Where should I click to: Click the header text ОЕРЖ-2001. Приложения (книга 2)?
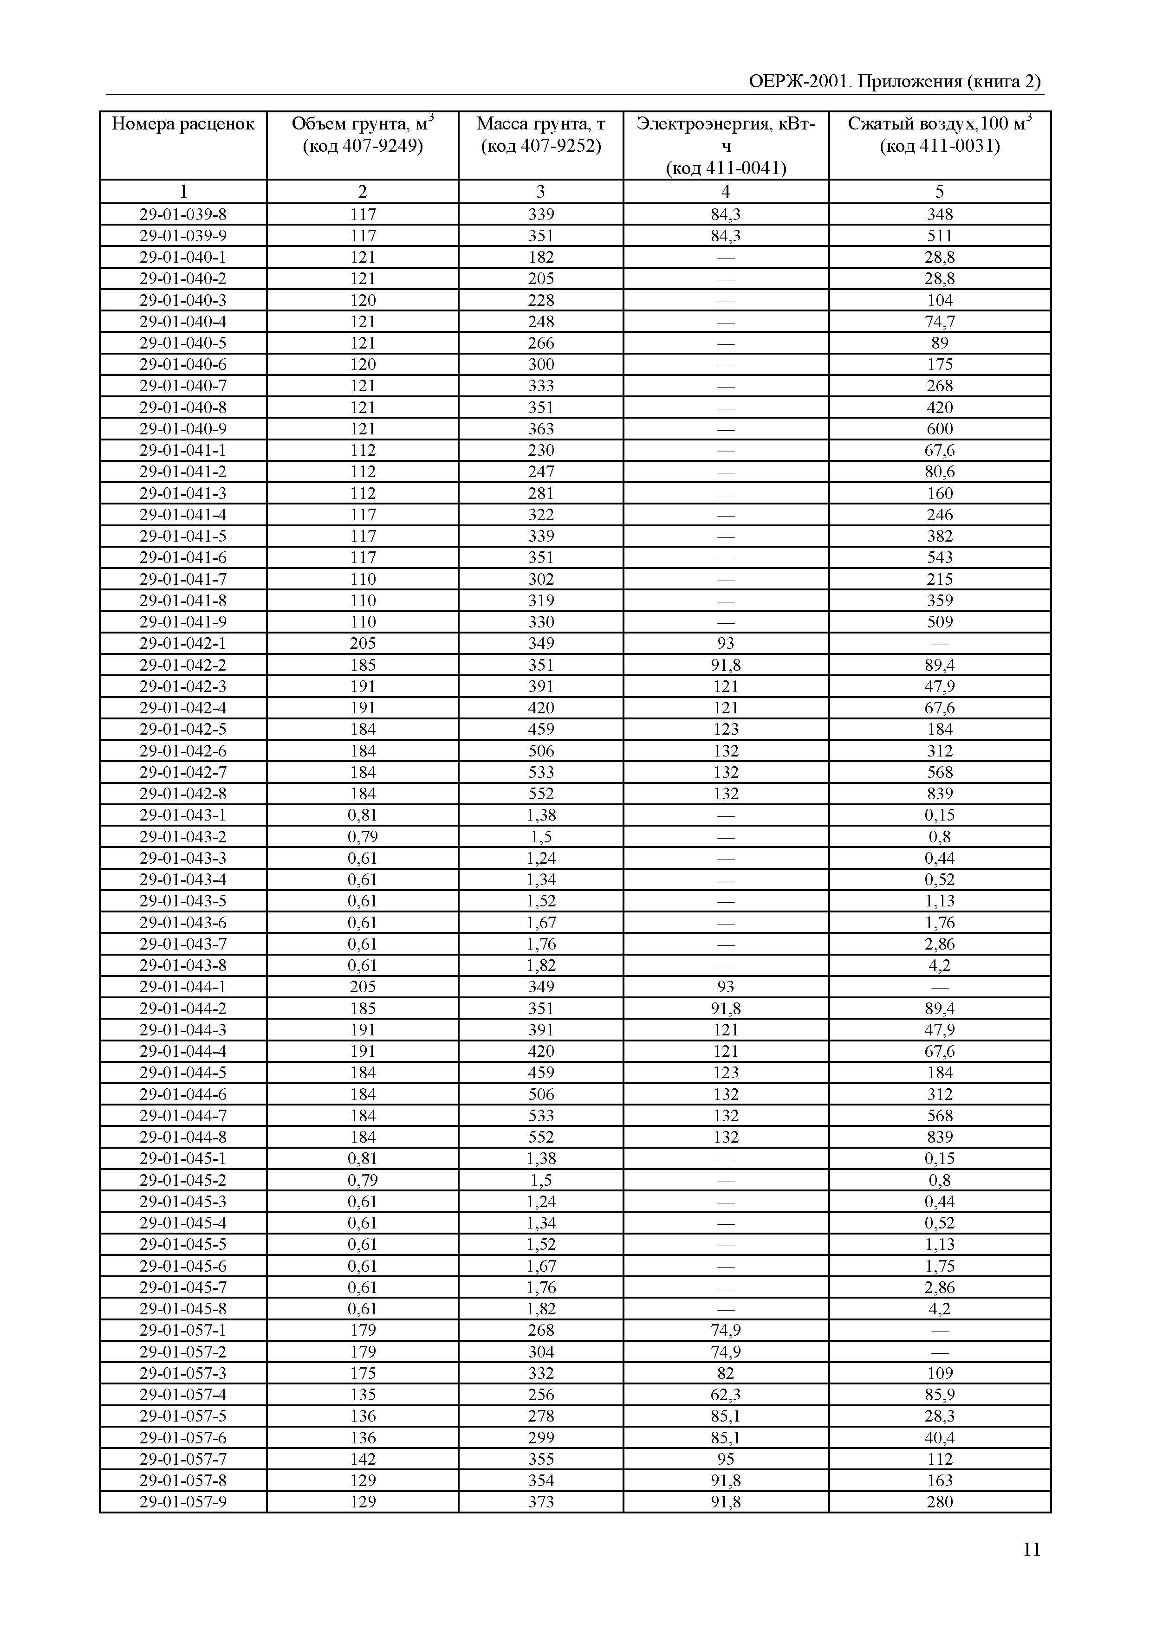click(895, 81)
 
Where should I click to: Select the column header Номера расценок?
click(183, 124)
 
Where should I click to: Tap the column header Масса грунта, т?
click(540, 124)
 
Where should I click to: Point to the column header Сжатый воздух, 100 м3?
click(939, 124)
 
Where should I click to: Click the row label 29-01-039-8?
click(183, 214)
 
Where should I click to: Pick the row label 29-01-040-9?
click(183, 428)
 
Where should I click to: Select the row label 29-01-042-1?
click(183, 643)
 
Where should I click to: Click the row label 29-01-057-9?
click(183, 1502)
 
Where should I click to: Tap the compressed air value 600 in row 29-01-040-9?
click(940, 428)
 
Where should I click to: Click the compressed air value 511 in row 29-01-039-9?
click(940, 236)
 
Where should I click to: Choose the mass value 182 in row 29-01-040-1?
click(540, 257)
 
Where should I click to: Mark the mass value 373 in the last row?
click(540, 1502)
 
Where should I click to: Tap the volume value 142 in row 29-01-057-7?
click(362, 1459)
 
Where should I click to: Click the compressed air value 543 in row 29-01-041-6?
click(940, 557)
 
